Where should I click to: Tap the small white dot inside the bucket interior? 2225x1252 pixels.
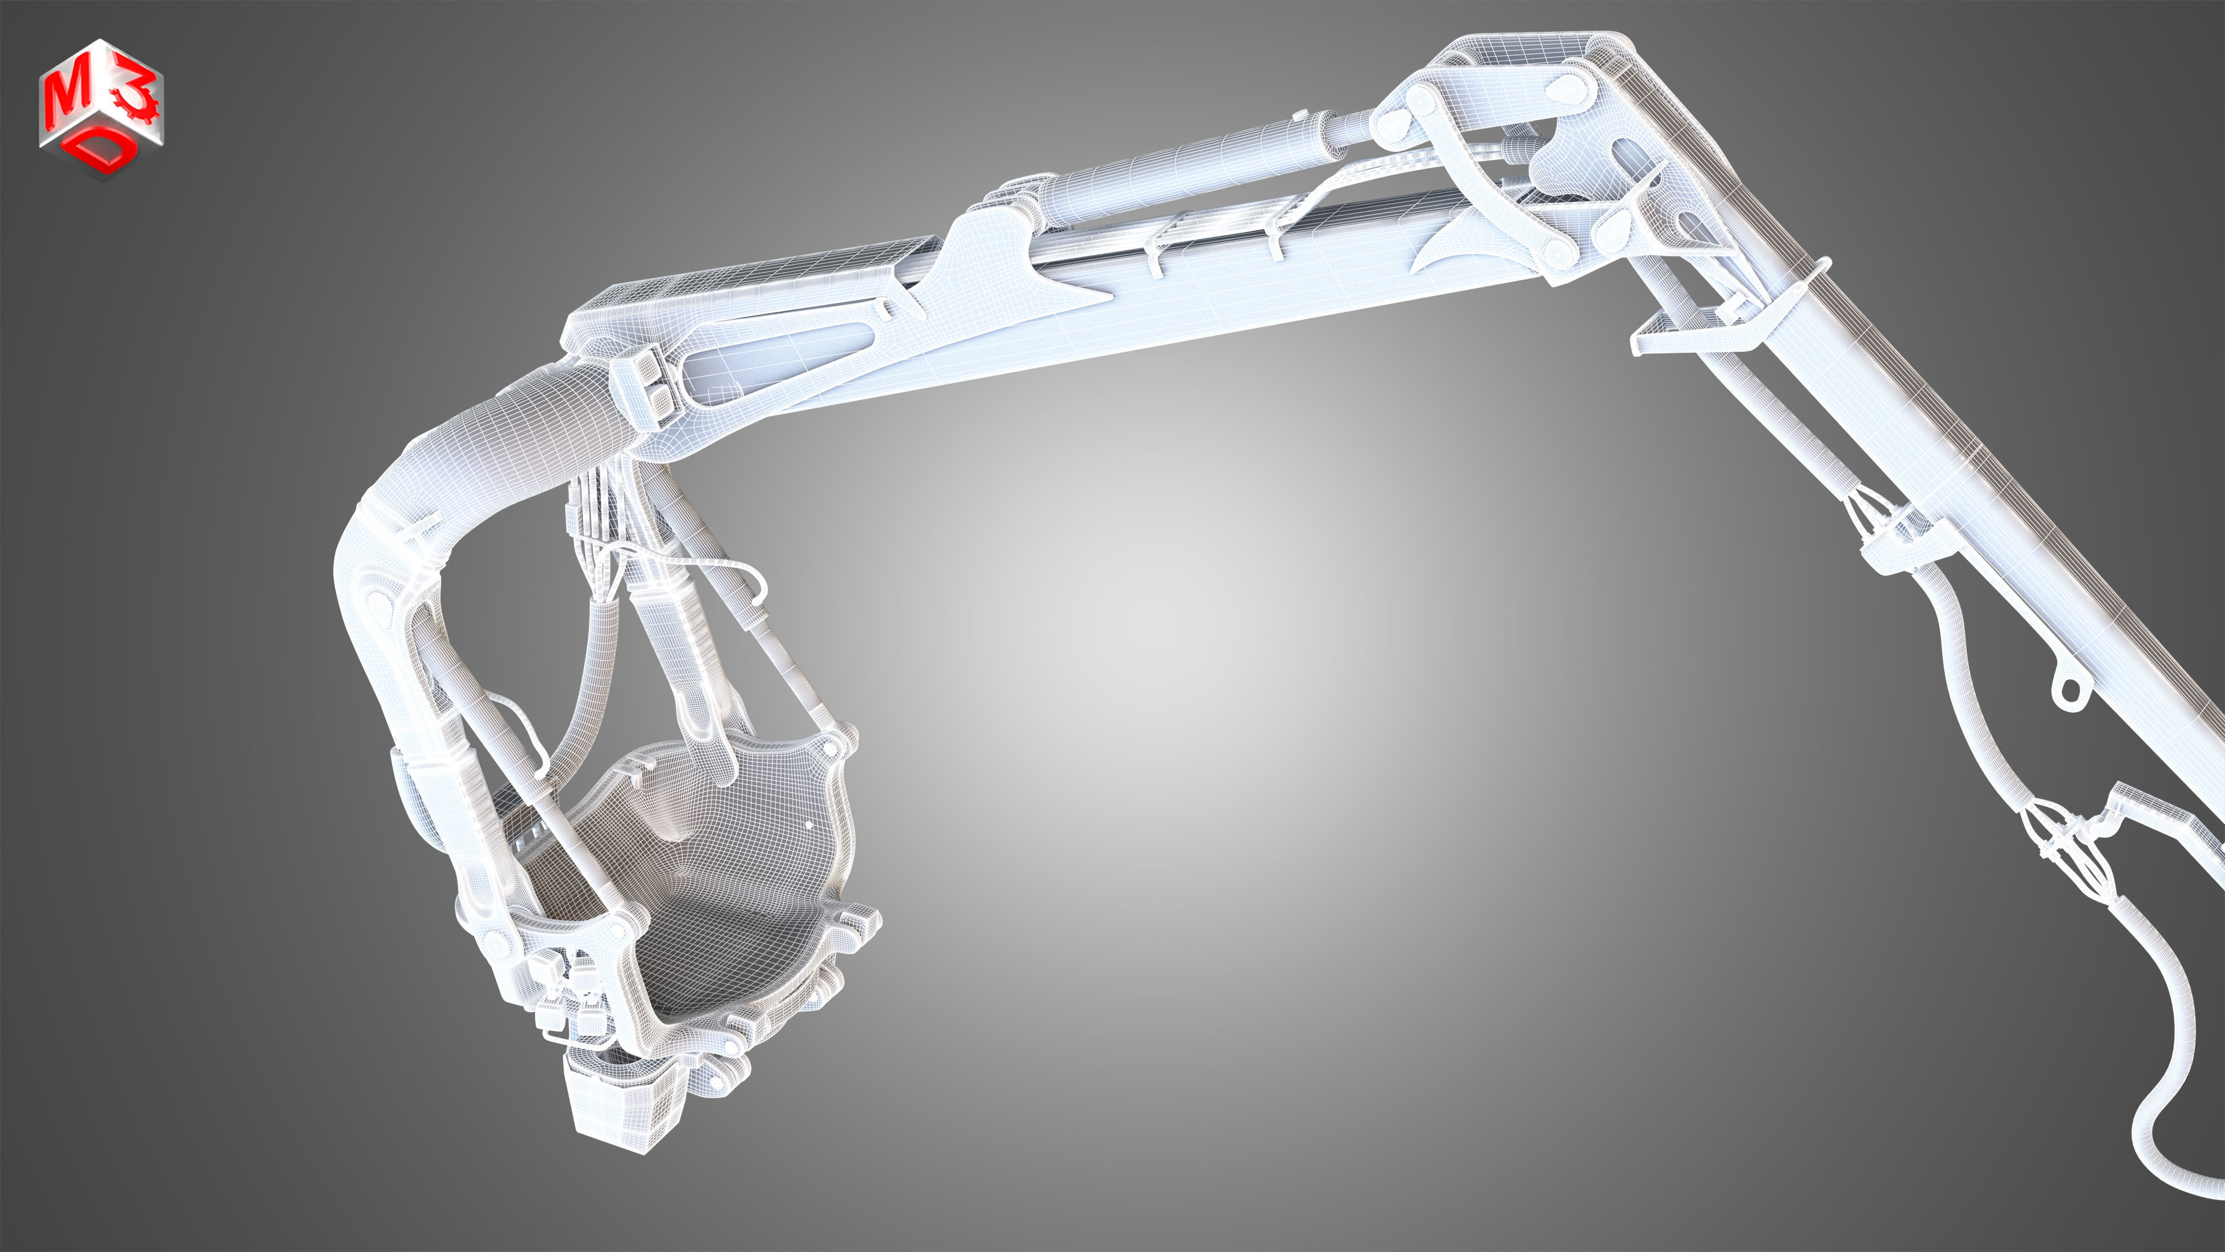(x=808, y=825)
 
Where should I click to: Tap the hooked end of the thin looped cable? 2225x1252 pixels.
(x=760, y=596)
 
